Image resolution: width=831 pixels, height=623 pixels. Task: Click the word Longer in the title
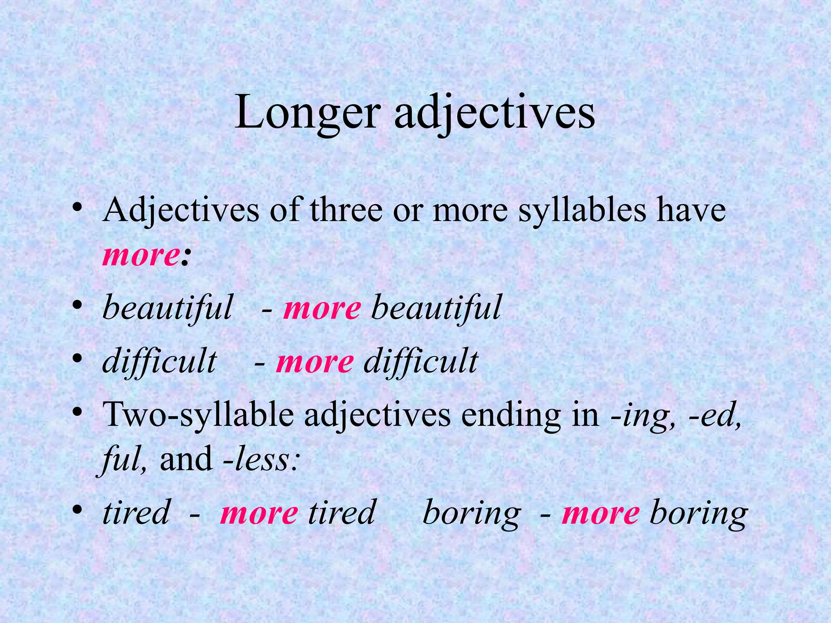click(x=308, y=112)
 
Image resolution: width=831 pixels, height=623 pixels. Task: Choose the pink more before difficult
click(x=314, y=361)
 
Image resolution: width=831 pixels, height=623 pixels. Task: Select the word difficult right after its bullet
click(x=159, y=361)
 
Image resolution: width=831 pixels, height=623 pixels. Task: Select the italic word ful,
click(x=124, y=460)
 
